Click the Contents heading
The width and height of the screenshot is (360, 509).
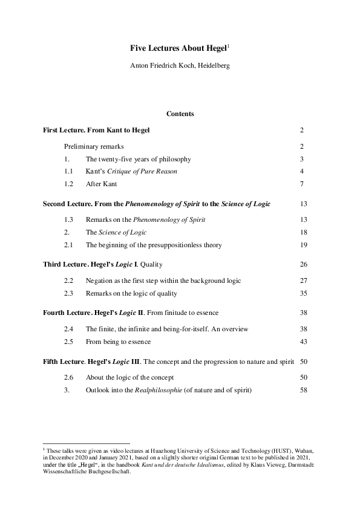(180, 113)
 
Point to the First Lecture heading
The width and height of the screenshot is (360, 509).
(96, 130)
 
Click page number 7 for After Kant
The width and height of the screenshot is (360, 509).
(302, 184)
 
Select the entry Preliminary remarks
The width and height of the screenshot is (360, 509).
(94, 146)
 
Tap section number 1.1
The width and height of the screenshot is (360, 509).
(69, 172)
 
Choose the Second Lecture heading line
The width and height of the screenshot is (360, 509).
(157, 204)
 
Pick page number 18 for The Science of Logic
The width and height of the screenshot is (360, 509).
(304, 233)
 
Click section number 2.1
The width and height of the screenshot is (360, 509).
(69, 245)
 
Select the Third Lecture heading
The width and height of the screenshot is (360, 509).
(103, 264)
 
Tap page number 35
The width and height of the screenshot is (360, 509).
(304, 293)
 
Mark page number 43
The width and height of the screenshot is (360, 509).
(304, 342)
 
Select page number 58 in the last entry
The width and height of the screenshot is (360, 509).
(304, 390)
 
